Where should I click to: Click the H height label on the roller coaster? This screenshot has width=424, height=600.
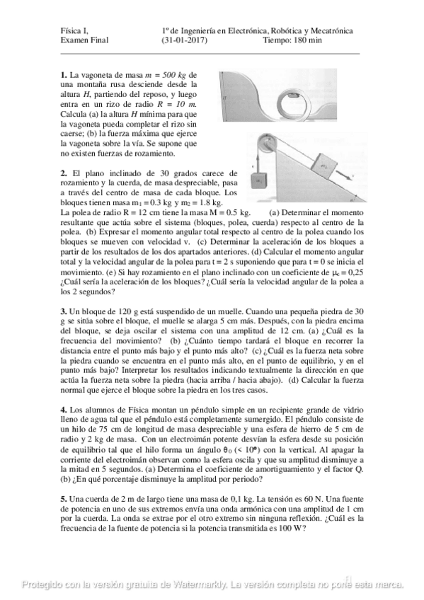tap(223, 97)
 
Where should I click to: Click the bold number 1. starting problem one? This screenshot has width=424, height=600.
tap(64, 75)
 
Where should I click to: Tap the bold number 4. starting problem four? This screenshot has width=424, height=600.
tap(64, 410)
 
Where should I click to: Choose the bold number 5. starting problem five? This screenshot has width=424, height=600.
tap(64, 500)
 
